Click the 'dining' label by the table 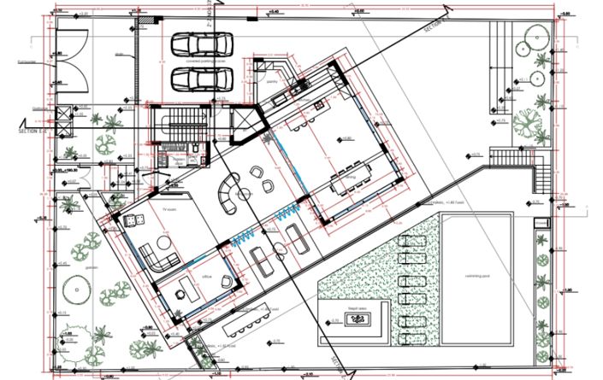tap(348, 177)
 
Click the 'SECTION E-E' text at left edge tap(35, 133)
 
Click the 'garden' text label tap(91, 266)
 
